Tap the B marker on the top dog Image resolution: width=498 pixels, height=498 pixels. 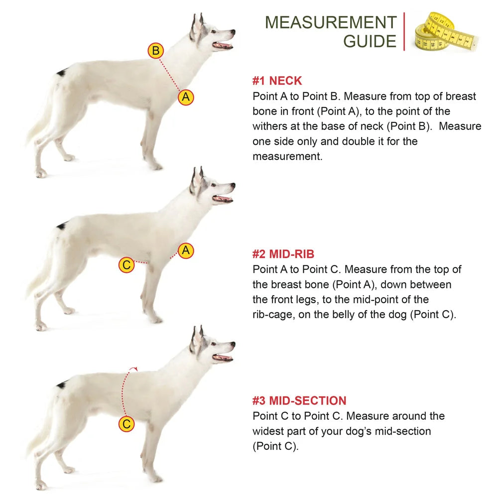(155, 50)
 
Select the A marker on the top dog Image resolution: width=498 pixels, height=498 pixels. (186, 97)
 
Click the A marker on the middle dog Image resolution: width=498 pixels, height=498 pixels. (186, 250)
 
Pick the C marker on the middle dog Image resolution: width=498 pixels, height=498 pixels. (126, 265)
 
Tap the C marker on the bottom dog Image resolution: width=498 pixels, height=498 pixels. (126, 424)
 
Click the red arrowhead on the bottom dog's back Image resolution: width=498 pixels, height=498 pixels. (134, 369)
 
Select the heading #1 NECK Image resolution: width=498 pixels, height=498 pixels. (277, 81)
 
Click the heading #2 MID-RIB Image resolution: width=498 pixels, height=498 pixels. (283, 254)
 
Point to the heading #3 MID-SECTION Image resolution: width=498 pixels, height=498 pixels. (299, 401)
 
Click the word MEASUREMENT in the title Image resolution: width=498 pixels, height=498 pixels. (331, 22)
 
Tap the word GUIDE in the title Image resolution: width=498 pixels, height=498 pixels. (370, 41)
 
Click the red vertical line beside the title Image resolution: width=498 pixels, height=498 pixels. (404, 31)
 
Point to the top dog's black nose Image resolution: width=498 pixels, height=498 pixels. (233, 32)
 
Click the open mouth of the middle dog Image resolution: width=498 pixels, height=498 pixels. (223, 199)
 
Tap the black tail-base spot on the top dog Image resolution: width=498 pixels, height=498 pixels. (62, 73)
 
